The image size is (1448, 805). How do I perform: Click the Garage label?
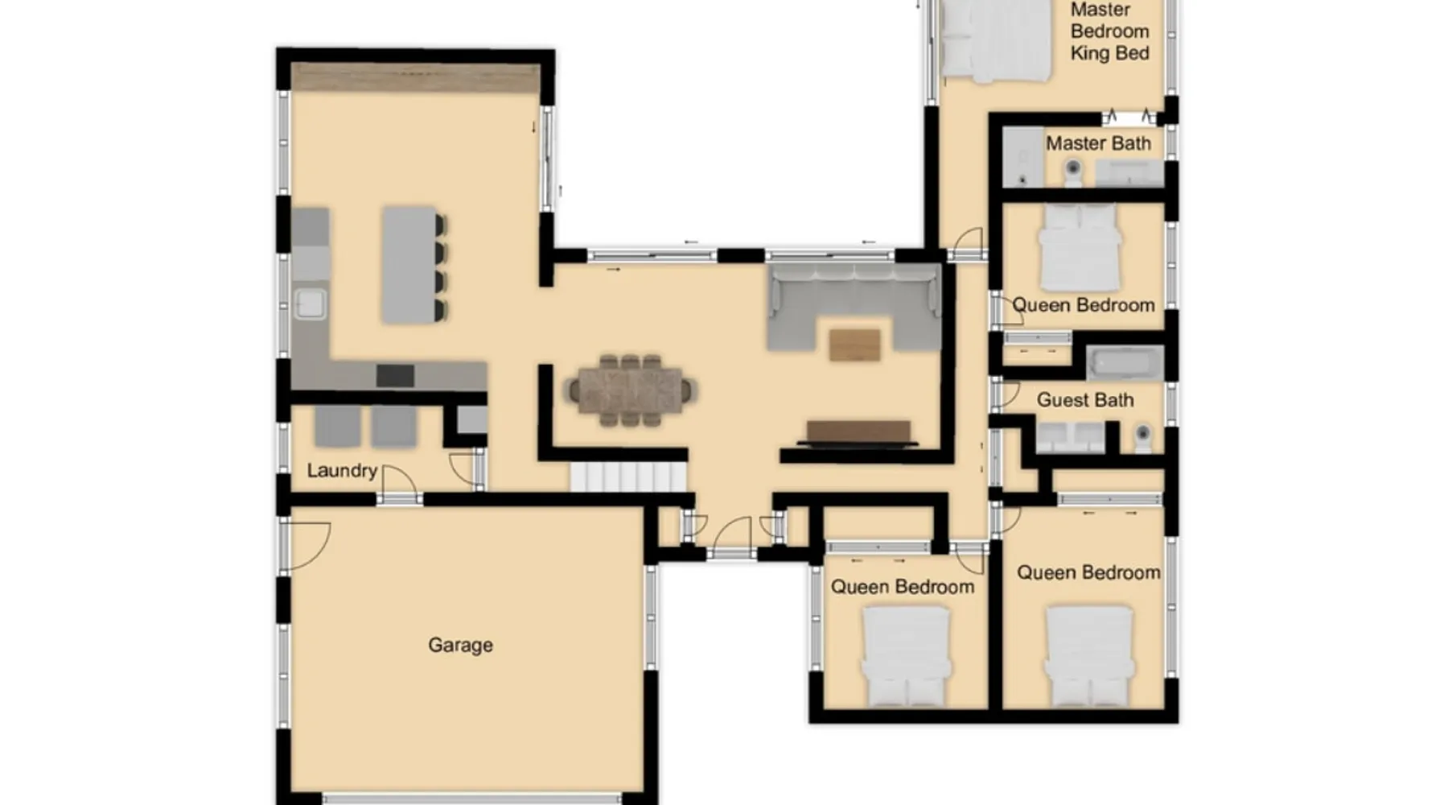coord(460,645)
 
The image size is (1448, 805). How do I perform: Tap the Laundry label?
coord(342,471)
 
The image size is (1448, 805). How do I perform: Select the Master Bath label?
coord(1098,143)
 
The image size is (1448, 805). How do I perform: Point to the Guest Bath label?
coord(1085,400)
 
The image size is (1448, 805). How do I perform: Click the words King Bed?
coord(1109,53)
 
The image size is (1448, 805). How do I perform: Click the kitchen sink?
coord(311,303)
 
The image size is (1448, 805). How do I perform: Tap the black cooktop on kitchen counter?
coord(395,375)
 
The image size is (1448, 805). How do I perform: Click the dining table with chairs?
coord(630,390)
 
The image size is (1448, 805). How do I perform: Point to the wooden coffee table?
coord(854,345)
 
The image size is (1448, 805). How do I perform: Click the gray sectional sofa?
coord(854,308)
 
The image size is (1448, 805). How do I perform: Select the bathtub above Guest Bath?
coord(1125,363)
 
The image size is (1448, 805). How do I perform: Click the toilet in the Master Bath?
coord(1072,171)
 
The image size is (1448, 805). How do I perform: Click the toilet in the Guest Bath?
coord(1142,437)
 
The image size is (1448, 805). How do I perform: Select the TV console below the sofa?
coord(858,433)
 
